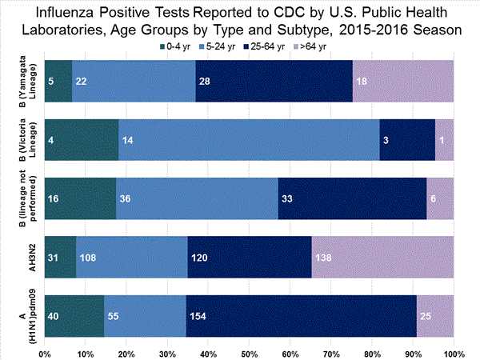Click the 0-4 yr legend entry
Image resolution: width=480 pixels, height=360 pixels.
[x=179, y=46]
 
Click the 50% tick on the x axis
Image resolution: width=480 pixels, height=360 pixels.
[x=249, y=353]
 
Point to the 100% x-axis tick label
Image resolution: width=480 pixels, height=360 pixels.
[x=454, y=353]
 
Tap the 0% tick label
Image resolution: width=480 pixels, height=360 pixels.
[x=45, y=353]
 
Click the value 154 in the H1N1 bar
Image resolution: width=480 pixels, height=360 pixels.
[x=198, y=316]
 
